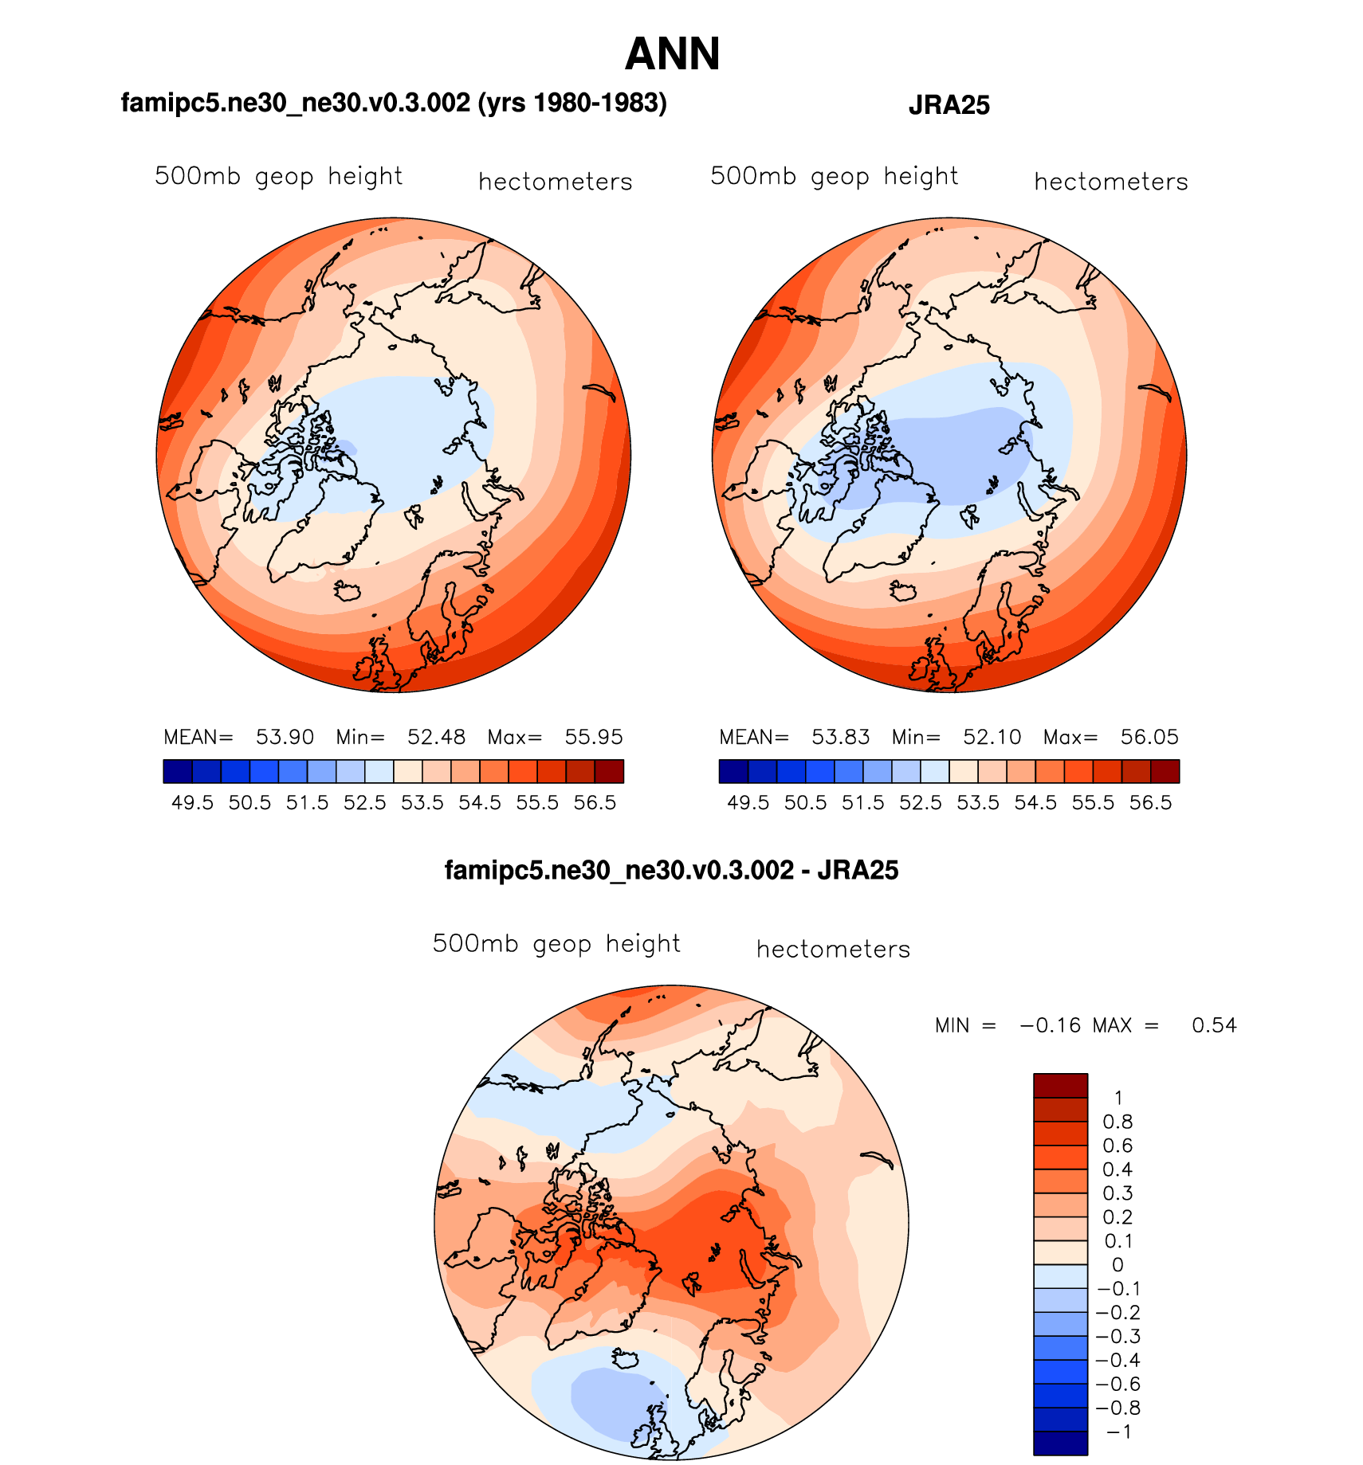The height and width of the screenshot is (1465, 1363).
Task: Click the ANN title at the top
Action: [x=672, y=54]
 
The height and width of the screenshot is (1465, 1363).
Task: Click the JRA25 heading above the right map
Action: [x=949, y=105]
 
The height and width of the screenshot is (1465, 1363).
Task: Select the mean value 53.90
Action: [x=285, y=737]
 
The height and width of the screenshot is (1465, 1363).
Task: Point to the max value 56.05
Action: [x=1149, y=737]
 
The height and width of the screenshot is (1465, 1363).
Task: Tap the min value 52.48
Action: [x=436, y=737]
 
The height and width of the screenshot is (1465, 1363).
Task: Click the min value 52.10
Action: [x=992, y=737]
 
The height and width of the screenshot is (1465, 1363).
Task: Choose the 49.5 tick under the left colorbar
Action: [x=193, y=803]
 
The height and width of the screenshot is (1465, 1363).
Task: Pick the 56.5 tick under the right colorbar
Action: [x=1150, y=803]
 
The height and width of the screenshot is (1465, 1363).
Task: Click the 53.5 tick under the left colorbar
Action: [x=422, y=803]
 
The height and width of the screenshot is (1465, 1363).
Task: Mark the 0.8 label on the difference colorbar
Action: [x=1118, y=1122]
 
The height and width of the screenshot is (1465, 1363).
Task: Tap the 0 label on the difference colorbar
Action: [x=1118, y=1265]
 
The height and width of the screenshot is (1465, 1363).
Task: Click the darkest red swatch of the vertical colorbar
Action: [x=1060, y=1086]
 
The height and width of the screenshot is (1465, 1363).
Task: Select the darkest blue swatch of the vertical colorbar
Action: [x=1060, y=1443]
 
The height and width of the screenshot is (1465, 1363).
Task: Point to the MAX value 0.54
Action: [x=1214, y=1025]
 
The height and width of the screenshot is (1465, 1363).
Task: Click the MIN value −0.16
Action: [x=1051, y=1025]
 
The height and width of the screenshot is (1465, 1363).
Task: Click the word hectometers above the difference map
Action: [x=833, y=950]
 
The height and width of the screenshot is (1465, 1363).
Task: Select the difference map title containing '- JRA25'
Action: [x=671, y=871]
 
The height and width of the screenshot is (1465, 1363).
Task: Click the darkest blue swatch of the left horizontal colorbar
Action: [x=178, y=771]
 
